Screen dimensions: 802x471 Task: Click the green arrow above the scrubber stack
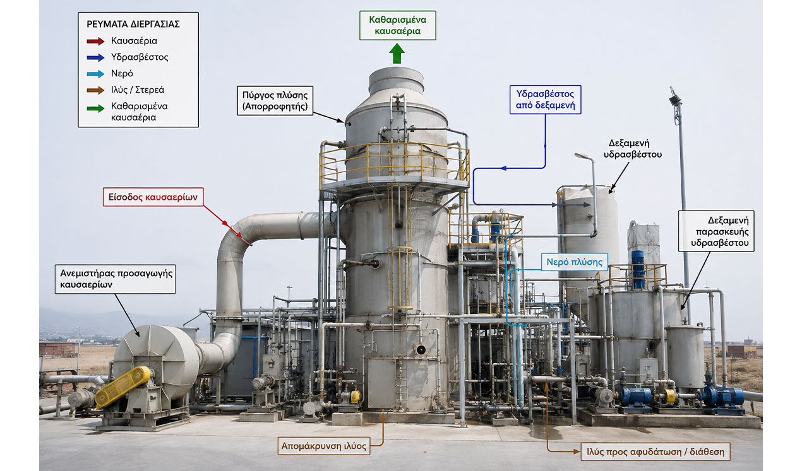397,54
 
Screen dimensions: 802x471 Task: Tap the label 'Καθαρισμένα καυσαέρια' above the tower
397,25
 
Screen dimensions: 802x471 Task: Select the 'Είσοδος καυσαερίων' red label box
153,197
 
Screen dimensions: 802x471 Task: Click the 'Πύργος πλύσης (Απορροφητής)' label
275,100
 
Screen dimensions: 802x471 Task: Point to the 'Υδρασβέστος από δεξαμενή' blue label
545,100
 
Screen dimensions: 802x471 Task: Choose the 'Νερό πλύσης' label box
574,262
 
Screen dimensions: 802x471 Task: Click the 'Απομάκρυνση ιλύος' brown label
324,446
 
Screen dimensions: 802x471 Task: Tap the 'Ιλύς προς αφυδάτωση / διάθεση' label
655,452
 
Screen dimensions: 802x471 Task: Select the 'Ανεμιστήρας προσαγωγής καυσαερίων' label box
116,279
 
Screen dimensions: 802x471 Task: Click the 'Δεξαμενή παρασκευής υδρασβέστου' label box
716,231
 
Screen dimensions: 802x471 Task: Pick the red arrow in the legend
95,41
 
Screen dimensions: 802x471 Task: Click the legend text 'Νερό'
122,74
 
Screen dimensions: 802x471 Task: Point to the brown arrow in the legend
95,90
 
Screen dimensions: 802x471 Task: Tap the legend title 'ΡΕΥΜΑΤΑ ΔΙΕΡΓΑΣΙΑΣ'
133,25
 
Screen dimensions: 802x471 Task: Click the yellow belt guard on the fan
123,387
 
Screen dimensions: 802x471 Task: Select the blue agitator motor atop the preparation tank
638,269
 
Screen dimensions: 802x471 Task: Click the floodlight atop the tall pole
675,97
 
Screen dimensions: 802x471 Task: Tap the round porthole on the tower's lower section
421,349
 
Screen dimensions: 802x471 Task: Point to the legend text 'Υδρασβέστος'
140,57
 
